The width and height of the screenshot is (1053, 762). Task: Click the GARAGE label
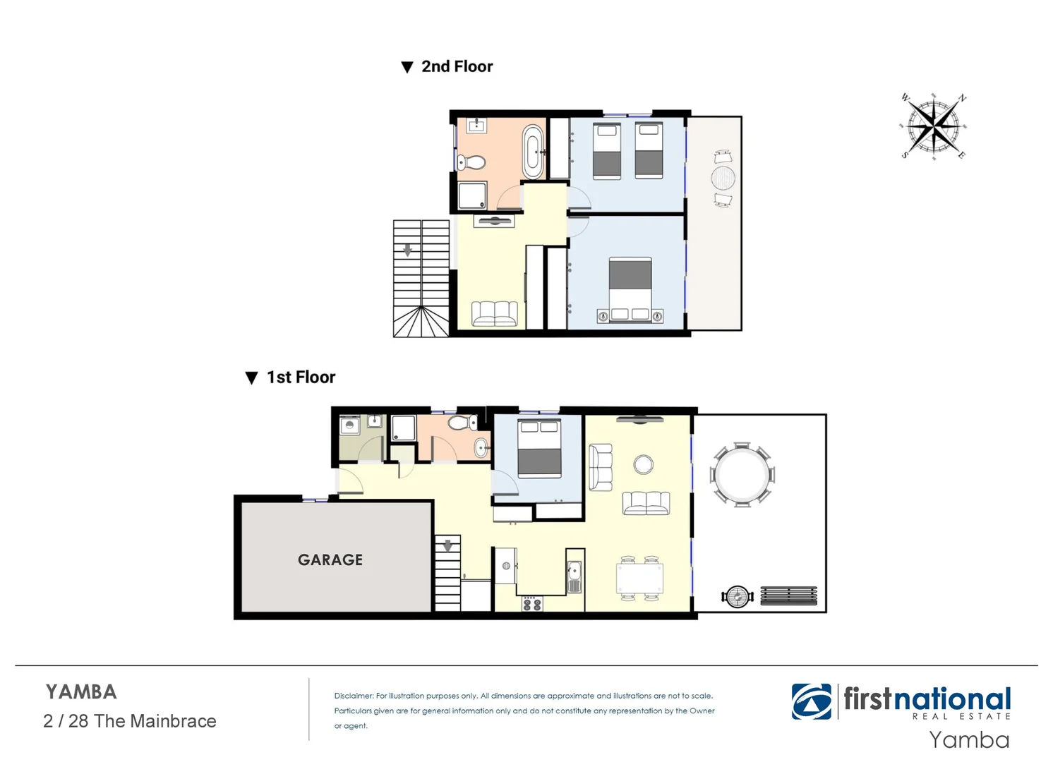(x=330, y=560)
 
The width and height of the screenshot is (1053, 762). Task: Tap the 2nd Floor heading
(x=457, y=66)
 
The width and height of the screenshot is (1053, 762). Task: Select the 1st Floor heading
(x=301, y=377)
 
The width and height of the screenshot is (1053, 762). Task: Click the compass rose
(x=934, y=126)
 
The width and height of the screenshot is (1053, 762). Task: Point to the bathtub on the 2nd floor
(x=533, y=152)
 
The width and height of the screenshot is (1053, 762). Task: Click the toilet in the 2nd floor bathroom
(x=471, y=163)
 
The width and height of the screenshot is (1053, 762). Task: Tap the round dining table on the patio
(x=742, y=474)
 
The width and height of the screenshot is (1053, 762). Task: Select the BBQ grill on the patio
(x=738, y=597)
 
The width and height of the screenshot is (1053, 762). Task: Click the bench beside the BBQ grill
(x=788, y=596)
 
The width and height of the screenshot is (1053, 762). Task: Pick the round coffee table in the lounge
(x=643, y=464)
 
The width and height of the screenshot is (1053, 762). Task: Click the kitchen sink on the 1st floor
(x=574, y=575)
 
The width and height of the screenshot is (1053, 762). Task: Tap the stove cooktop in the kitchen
(x=532, y=604)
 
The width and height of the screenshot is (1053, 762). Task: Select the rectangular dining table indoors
(x=640, y=579)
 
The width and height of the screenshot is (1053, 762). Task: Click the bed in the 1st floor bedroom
(x=539, y=449)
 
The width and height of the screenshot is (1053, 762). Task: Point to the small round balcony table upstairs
(x=723, y=179)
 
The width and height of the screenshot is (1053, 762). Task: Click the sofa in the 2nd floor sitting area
(x=494, y=313)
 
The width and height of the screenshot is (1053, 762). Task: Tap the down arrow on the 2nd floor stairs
(x=407, y=250)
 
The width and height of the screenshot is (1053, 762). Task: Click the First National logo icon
(x=812, y=701)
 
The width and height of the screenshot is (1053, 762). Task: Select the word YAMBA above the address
(x=81, y=692)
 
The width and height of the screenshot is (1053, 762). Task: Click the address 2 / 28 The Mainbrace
(x=130, y=721)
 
